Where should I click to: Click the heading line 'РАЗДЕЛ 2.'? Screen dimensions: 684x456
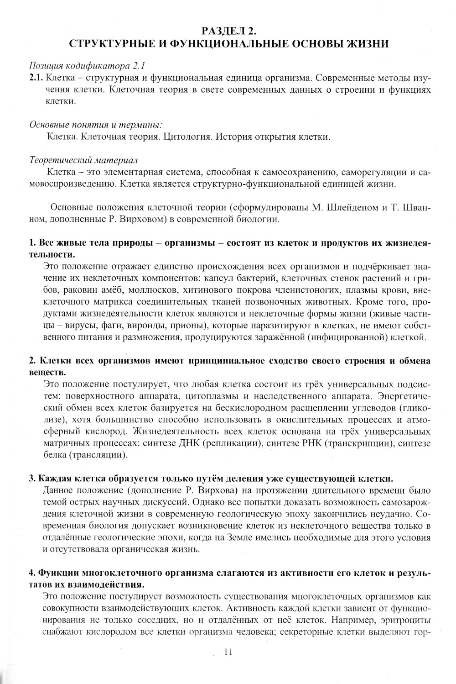click(228, 31)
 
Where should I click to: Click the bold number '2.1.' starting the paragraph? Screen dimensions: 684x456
click(36, 78)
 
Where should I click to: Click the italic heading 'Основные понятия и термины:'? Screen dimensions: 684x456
click(96, 124)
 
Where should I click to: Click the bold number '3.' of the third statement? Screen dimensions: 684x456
click(32, 479)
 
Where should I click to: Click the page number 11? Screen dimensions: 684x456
click(228, 652)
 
